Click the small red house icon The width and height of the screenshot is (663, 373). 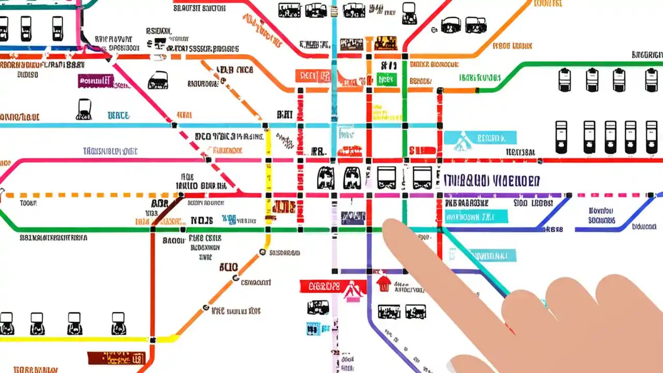point(383,283)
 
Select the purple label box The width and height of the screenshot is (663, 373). point(95,81)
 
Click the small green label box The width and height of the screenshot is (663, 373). point(387,79)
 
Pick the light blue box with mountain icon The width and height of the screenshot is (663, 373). point(480,137)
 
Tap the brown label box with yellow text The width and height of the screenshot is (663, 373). point(115,357)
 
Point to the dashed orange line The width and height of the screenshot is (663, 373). point(93,195)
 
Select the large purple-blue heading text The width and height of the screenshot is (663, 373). point(492,180)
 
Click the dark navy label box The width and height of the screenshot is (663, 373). point(353,217)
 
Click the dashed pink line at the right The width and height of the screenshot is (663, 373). point(611,195)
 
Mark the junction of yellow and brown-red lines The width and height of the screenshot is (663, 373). point(152,340)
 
